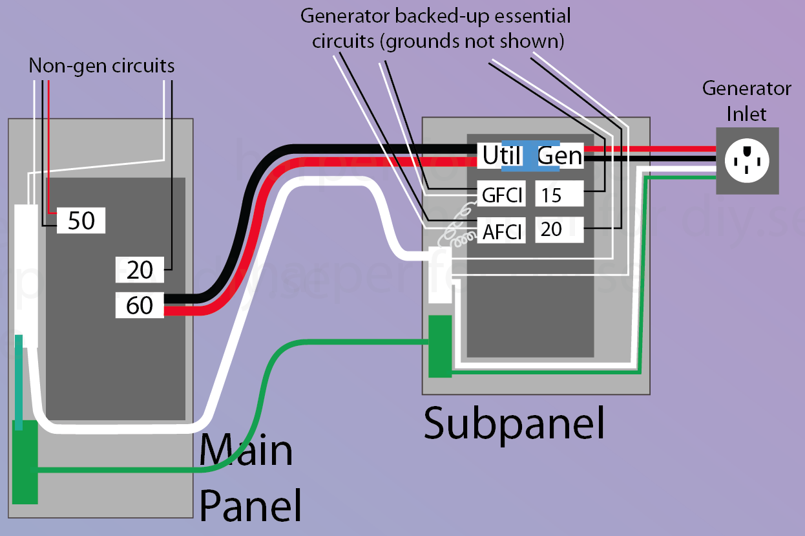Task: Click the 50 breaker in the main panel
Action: click(81, 221)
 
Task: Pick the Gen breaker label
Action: click(559, 156)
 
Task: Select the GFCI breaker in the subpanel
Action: click(502, 194)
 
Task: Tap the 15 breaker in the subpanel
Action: click(559, 194)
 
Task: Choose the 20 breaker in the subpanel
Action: click(559, 230)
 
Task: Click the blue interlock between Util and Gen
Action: click(530, 156)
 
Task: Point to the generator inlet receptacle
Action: click(747, 160)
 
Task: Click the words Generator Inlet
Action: click(746, 101)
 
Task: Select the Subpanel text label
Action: click(514, 423)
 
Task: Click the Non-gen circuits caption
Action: click(101, 66)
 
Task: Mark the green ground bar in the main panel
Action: click(25, 461)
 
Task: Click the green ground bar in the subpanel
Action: click(440, 346)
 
